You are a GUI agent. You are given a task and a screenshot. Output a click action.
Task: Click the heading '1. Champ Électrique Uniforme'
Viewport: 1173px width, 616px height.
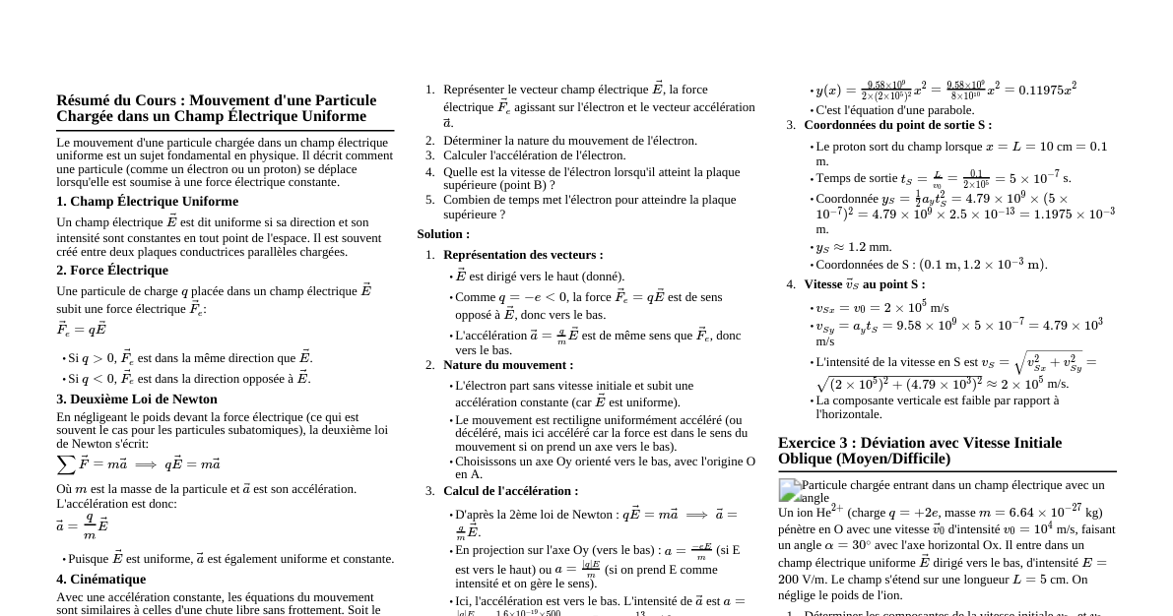click(x=147, y=202)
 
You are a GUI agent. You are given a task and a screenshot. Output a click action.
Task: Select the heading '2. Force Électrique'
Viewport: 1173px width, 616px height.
click(x=112, y=271)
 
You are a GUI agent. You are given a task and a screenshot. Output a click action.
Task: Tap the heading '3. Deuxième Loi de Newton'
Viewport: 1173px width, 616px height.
click(x=137, y=400)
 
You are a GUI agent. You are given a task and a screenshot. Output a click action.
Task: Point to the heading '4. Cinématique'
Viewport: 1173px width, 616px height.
click(x=101, y=580)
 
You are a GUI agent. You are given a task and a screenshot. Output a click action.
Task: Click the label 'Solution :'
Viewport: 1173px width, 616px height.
click(x=443, y=234)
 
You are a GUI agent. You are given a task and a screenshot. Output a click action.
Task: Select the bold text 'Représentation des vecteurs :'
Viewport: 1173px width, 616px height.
click(x=523, y=255)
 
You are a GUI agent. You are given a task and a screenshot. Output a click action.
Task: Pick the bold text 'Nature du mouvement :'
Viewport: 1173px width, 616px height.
click(x=508, y=365)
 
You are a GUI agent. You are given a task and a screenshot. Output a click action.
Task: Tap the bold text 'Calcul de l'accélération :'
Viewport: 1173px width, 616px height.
click(x=510, y=491)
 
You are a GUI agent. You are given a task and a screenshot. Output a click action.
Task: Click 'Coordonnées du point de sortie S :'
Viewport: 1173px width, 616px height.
click(x=897, y=125)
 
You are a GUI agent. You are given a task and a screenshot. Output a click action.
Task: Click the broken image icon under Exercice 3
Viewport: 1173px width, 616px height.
click(x=790, y=489)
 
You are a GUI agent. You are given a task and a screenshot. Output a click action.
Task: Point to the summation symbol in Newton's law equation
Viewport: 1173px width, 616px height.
click(x=67, y=464)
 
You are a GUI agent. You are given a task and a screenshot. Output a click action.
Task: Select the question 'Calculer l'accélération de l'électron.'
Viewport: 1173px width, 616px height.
click(x=534, y=155)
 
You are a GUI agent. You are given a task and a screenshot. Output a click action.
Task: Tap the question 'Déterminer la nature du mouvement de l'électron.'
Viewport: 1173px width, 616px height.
click(x=569, y=141)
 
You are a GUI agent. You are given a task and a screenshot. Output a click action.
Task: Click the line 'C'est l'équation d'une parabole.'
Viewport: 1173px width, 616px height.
click(x=894, y=110)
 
